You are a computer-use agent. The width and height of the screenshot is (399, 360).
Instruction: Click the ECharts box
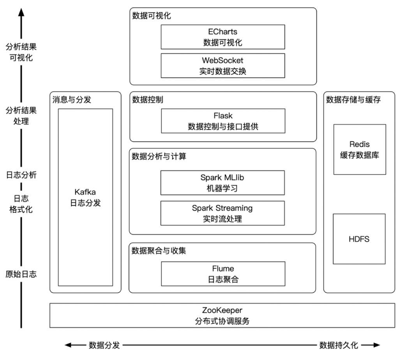(222, 37)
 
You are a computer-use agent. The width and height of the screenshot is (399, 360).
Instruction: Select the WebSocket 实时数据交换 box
(222, 66)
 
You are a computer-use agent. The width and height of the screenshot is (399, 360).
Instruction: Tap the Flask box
(222, 121)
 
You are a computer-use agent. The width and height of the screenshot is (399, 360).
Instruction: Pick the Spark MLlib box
(222, 183)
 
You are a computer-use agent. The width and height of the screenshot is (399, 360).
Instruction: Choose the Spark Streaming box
(222, 213)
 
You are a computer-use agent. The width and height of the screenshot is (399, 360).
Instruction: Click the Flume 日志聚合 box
(222, 274)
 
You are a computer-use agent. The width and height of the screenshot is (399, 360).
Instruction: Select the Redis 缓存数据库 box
(359, 149)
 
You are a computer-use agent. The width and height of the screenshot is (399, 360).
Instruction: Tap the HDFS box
(359, 239)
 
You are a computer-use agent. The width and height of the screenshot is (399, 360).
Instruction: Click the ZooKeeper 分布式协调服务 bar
(222, 316)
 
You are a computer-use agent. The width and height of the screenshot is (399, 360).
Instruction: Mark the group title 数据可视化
(151, 16)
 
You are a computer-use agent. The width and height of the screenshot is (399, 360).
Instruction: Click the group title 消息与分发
(72, 100)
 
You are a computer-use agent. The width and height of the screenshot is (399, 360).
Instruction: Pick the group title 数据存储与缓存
(353, 100)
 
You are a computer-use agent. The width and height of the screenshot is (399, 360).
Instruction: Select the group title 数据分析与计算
(159, 157)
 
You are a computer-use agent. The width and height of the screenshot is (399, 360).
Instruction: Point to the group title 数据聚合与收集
(159, 251)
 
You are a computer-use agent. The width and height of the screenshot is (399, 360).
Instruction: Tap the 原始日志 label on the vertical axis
(21, 274)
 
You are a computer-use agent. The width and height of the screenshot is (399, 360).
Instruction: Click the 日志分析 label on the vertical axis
(21, 175)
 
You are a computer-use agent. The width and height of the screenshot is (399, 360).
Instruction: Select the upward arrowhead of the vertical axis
(21, 12)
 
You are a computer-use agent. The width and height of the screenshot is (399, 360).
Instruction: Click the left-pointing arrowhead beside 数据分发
(68, 345)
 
